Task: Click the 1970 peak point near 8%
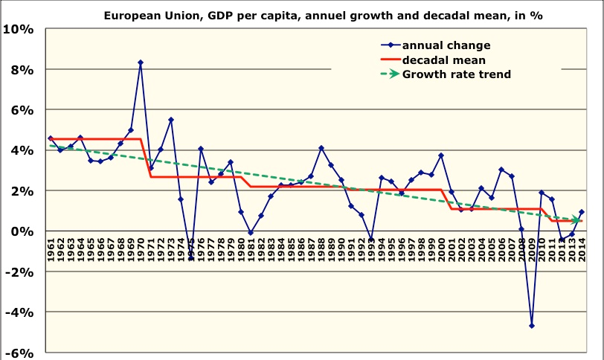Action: click(141, 62)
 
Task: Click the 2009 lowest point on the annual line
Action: click(532, 325)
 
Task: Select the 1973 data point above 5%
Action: click(171, 119)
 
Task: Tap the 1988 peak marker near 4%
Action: click(321, 148)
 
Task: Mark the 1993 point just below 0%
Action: click(371, 240)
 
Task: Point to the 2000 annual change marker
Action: click(441, 155)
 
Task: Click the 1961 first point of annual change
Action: click(51, 138)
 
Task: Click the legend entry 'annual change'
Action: click(446, 45)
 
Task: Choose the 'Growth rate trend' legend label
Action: click(456, 74)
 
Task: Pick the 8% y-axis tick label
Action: click(22, 69)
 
